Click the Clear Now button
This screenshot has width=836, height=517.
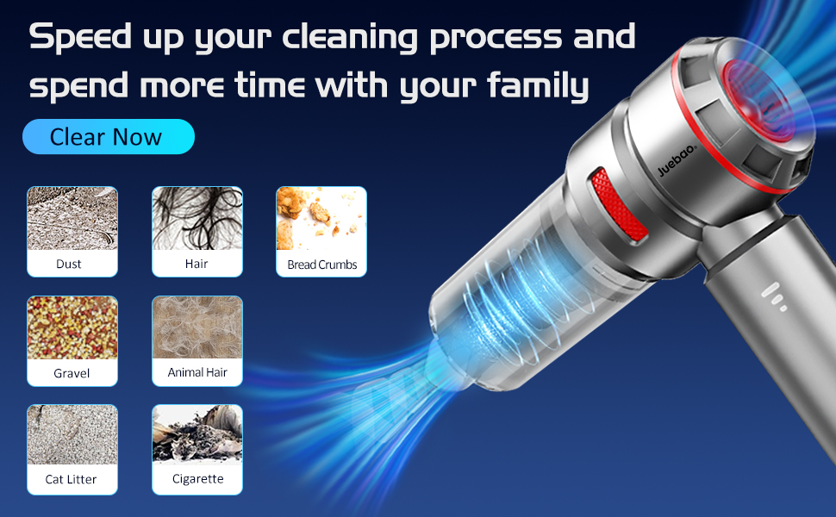108,137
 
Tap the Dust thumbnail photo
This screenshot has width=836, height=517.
72,219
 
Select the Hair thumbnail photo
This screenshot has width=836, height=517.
197,219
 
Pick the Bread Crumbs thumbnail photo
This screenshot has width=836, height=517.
321,219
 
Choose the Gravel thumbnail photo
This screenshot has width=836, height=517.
72,328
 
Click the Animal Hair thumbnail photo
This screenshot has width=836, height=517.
197,327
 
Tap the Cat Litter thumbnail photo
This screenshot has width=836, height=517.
72,435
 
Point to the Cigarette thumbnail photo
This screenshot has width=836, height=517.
197,435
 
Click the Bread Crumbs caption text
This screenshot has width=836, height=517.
321,265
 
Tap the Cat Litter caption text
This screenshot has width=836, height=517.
72,479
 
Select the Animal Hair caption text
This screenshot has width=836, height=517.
197,373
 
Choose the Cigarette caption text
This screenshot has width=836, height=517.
197,479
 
